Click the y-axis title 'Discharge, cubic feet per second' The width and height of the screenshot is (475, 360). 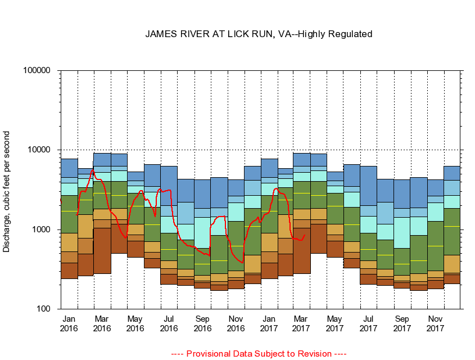[x=7, y=191]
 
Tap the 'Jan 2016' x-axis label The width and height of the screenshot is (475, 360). [x=69, y=323]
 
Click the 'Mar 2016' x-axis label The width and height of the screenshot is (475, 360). [x=102, y=323]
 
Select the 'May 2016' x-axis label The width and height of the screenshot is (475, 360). [x=135, y=323]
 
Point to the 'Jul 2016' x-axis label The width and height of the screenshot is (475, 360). [x=169, y=323]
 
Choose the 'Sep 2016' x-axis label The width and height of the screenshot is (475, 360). [x=202, y=323]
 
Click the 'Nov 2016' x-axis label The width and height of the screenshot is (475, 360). [x=236, y=323]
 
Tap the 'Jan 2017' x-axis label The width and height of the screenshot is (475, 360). [x=269, y=323]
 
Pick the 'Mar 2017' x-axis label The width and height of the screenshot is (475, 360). [x=302, y=323]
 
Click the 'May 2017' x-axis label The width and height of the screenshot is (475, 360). [x=335, y=323]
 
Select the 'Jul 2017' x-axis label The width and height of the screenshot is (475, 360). [x=368, y=323]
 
